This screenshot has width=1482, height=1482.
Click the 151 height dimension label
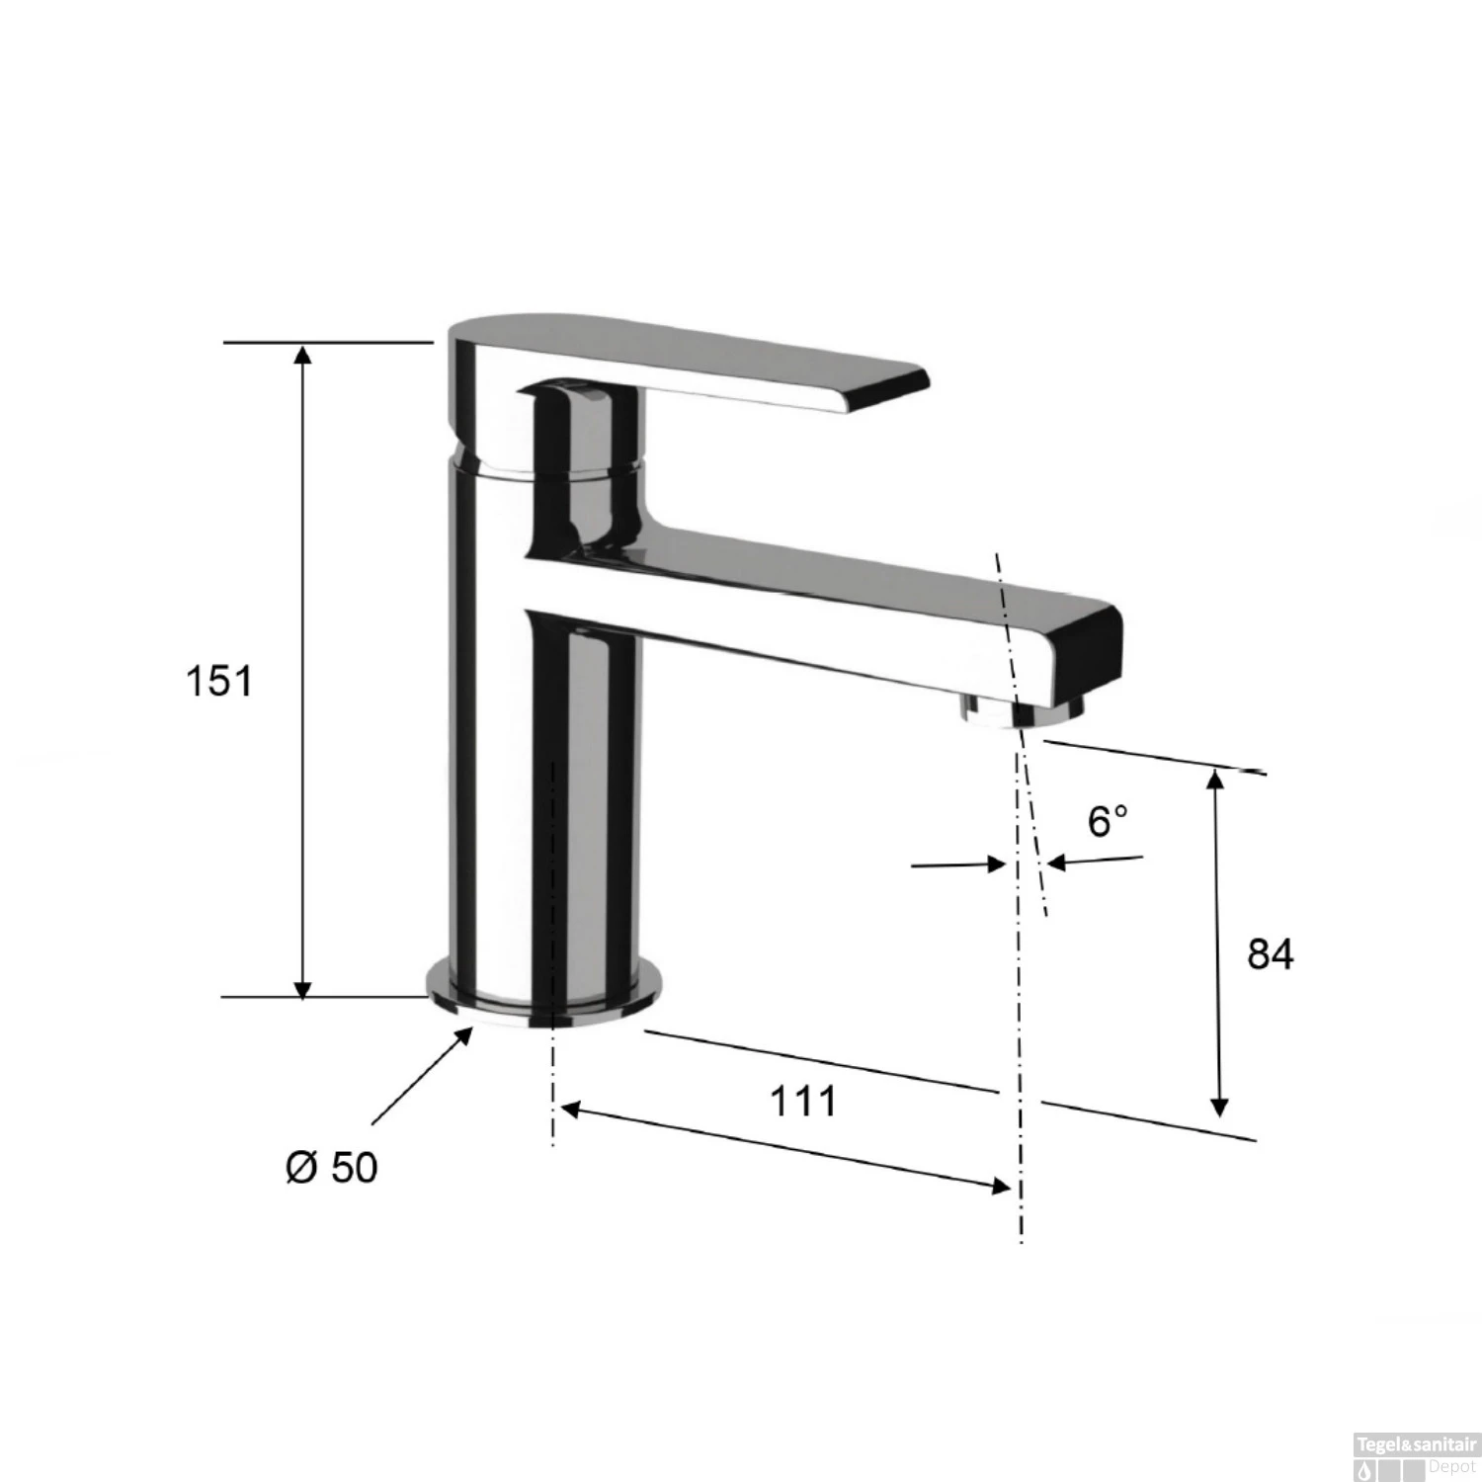(x=219, y=682)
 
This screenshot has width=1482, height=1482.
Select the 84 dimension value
(x=1270, y=954)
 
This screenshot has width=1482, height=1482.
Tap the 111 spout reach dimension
(x=803, y=1101)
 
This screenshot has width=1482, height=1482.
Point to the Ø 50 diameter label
(x=332, y=1168)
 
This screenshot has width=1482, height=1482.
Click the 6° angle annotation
(x=1108, y=821)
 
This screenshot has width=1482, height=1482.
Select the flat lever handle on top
(x=692, y=366)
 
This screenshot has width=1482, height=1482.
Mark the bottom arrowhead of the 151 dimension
(x=303, y=987)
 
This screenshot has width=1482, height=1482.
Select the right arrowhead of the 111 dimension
(x=1000, y=1186)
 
